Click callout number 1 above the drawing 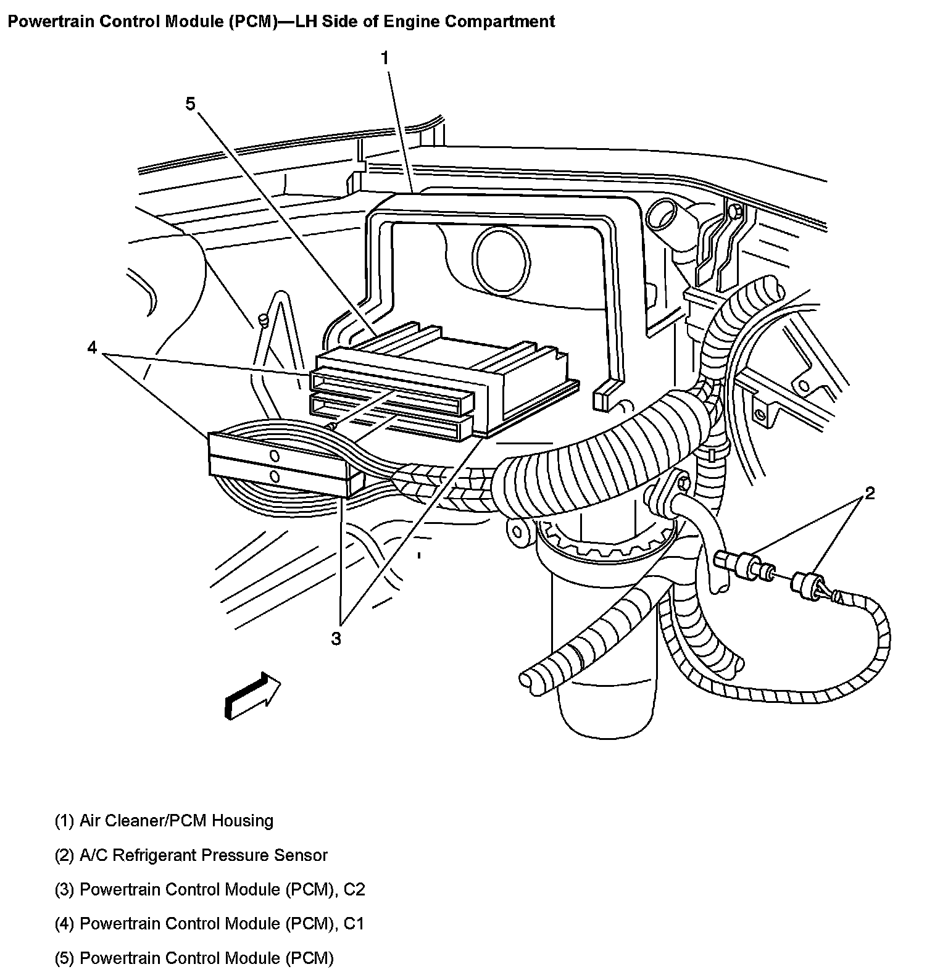point(385,58)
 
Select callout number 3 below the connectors point(336,639)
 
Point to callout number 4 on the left point(92,349)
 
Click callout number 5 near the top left point(190,104)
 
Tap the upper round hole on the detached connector point(275,455)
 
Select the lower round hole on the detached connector point(275,476)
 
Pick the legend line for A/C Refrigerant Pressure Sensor point(191,855)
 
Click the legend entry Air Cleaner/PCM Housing point(164,821)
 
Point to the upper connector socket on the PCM point(393,391)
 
